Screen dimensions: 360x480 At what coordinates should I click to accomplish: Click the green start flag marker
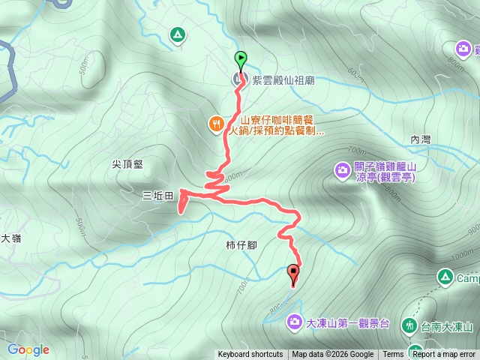coord(240,58)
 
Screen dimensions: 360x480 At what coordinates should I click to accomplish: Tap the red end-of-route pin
coord(293,274)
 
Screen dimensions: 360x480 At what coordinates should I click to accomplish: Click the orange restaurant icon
coord(216,124)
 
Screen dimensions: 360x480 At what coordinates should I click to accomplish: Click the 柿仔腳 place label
coord(241,245)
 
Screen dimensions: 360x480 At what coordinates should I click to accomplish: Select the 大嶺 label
coord(10,238)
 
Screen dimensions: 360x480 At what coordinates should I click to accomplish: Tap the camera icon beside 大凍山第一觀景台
coord(293,323)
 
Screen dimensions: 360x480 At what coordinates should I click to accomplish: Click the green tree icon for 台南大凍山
coord(409,326)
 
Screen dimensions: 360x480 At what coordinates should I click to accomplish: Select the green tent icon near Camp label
coord(445,278)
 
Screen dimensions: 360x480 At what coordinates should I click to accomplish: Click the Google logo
coord(28,349)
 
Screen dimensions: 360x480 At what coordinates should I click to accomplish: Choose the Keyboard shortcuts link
coord(250,355)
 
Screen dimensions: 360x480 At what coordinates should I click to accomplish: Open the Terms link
coord(393,355)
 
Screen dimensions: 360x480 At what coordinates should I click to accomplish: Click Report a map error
coord(444,355)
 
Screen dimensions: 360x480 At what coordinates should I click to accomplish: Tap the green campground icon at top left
coord(177,34)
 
